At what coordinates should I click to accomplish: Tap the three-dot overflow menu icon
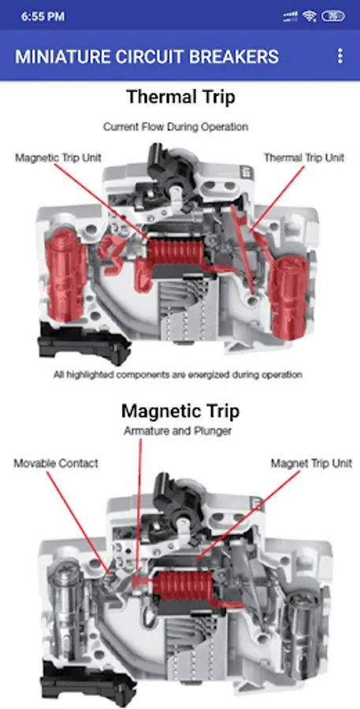click(340, 56)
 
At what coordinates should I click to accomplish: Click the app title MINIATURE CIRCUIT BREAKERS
click(147, 57)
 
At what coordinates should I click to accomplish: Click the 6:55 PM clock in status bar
click(43, 17)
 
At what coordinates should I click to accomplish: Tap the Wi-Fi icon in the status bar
click(310, 17)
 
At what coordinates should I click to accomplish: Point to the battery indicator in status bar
click(333, 17)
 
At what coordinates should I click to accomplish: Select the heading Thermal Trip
click(180, 97)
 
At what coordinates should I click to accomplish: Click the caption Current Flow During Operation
click(176, 127)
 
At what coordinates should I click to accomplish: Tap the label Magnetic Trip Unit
click(58, 158)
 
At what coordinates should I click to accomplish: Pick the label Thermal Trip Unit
click(304, 158)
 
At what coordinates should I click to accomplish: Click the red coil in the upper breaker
click(175, 252)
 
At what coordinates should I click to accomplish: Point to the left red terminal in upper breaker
click(65, 274)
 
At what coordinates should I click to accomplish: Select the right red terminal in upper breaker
click(288, 298)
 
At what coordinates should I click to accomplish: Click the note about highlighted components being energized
click(178, 374)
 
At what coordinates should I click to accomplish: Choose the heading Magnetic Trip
click(180, 411)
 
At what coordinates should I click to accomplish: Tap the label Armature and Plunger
click(177, 431)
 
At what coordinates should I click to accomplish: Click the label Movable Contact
click(56, 463)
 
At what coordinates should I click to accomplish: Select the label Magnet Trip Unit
click(311, 463)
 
